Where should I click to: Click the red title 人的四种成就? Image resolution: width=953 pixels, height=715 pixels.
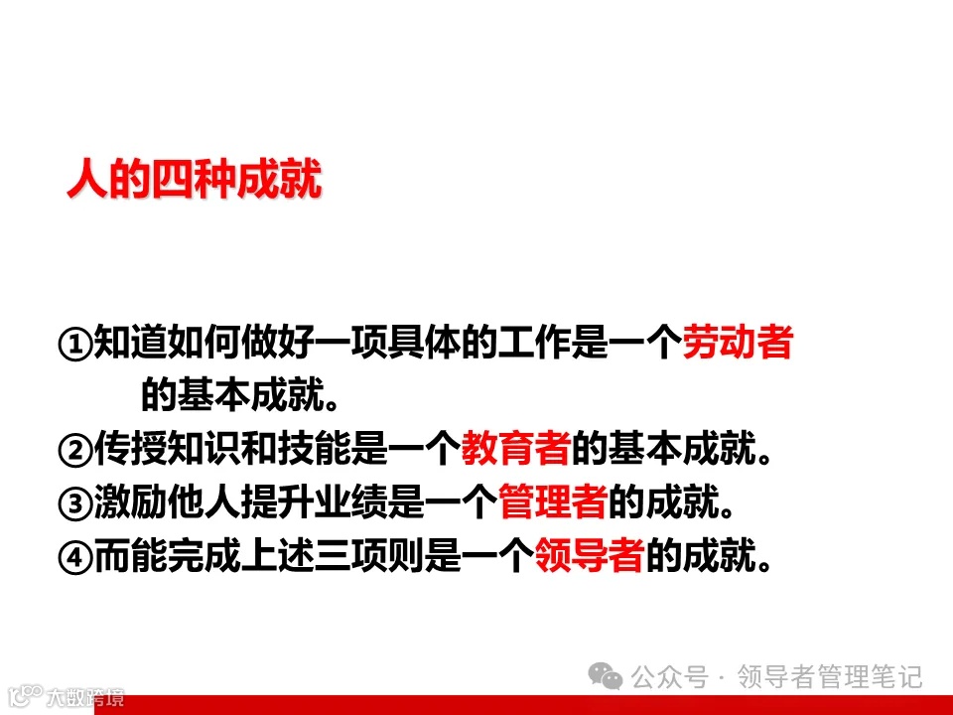pos(195,183)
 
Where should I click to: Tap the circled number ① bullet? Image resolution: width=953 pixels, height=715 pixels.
pos(75,345)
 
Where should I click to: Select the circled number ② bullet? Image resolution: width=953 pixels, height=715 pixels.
pos(75,451)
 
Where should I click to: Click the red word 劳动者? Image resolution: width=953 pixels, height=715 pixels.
pos(738,344)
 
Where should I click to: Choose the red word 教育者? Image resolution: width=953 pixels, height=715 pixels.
pos(516,451)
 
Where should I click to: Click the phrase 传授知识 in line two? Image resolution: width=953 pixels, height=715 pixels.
pos(166,451)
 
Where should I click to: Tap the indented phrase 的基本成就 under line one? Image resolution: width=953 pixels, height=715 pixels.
pos(233,397)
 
